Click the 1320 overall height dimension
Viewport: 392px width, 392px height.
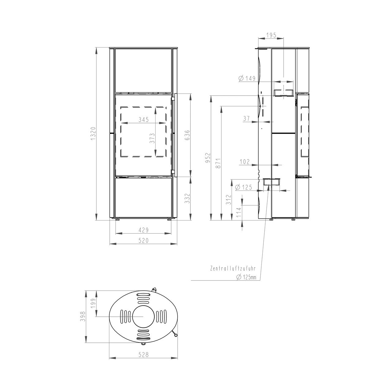(x=93, y=134)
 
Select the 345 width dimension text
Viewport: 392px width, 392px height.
(x=144, y=120)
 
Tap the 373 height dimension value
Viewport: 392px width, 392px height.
(x=152, y=138)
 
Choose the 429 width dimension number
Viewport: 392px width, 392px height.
(x=144, y=230)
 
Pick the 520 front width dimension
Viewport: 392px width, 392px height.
(x=144, y=241)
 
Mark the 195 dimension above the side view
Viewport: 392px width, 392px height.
(x=271, y=35)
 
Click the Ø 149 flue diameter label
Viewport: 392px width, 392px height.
(x=247, y=78)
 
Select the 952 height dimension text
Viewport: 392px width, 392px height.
(x=208, y=158)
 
